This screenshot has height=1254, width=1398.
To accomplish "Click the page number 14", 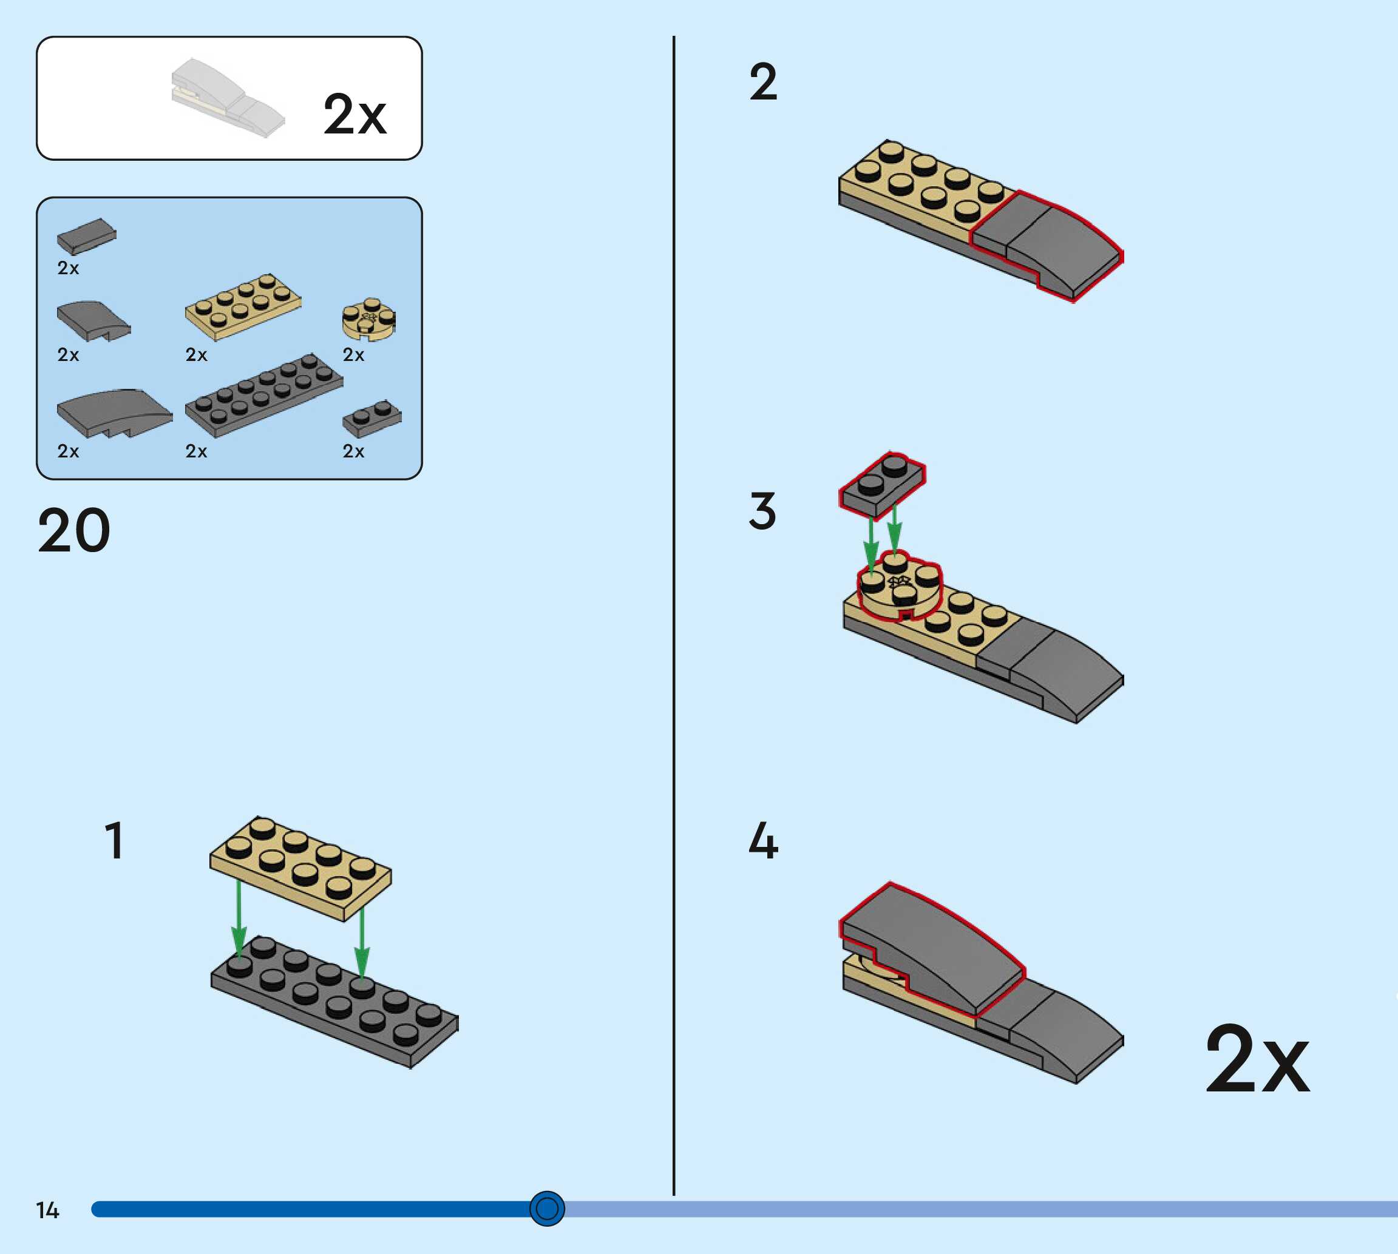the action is pos(47,1210).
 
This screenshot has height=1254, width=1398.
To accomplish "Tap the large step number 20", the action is pos(74,531).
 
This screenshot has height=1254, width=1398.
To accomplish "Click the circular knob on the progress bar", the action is pos(547,1208).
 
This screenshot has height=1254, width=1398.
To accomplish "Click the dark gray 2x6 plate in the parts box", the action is pos(264,396).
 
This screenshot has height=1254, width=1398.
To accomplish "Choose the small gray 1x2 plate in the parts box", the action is pos(372,418).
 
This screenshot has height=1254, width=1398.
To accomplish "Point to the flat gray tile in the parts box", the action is pos(86,237).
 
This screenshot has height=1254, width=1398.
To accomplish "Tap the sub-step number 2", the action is pos(763,83).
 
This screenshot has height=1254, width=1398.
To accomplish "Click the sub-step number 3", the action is pos(762,511).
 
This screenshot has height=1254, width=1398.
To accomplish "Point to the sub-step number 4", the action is pos(763,841).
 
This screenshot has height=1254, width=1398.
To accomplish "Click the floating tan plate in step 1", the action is pos(300,868).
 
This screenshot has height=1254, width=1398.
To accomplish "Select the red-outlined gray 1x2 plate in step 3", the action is pos(881,484).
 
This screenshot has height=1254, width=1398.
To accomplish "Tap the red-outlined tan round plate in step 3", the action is pos(899,586).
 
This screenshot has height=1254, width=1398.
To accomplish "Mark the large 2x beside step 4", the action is pos(1257,1061).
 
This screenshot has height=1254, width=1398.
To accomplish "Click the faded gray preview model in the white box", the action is pos(228,98).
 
